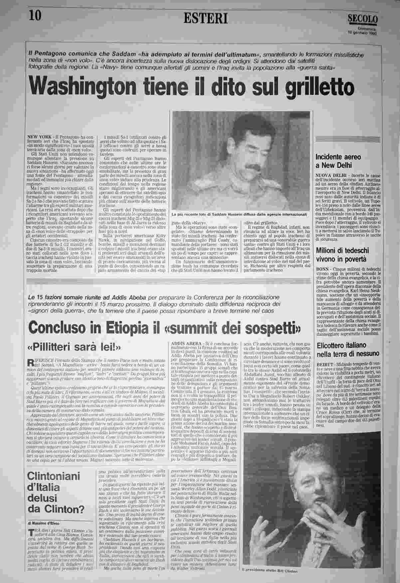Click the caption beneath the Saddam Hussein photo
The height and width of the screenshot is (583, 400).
point(239,214)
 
